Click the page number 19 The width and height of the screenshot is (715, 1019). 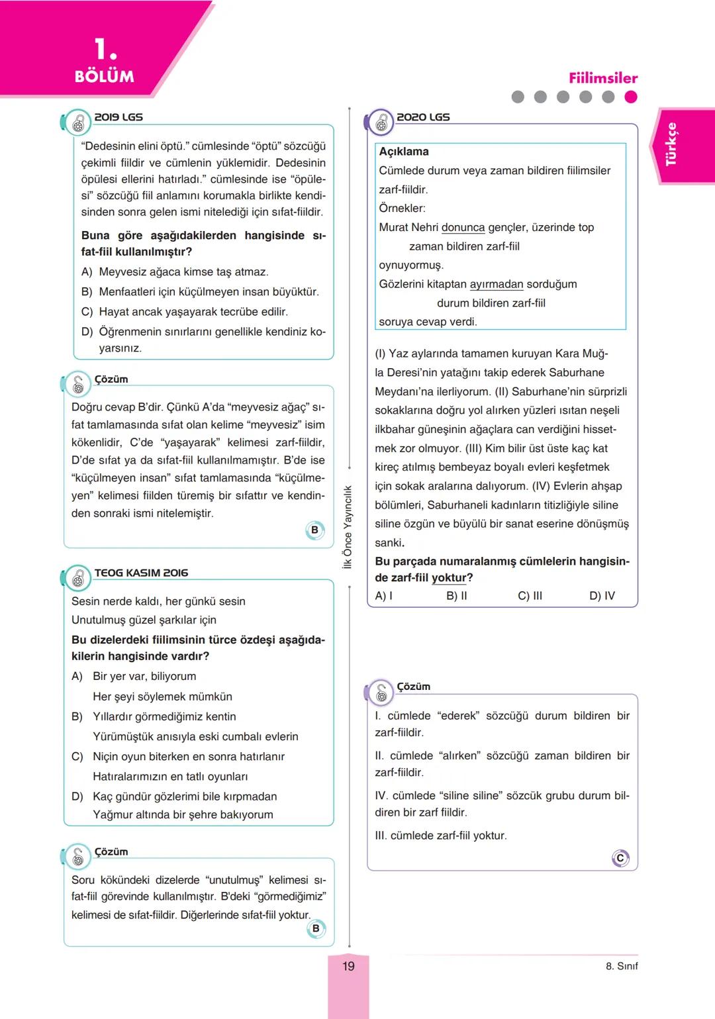pos(348,966)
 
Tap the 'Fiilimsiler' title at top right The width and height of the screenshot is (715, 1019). pos(602,78)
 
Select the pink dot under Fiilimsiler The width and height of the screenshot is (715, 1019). pos(631,97)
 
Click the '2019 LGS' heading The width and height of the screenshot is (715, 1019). pos(119,117)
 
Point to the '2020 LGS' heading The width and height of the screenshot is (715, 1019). pos(423,117)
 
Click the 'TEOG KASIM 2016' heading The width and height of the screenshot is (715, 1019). pos(141,573)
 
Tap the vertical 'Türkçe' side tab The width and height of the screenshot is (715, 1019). pos(671,144)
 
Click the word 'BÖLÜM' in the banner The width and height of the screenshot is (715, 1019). pos(105,77)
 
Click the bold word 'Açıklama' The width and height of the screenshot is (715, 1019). pos(404,152)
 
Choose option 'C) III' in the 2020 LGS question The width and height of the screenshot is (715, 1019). pos(530,596)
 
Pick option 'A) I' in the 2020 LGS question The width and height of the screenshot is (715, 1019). pos(384,596)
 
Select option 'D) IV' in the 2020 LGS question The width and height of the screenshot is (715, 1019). pos(602,596)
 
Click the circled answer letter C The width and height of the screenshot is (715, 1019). pos(620,858)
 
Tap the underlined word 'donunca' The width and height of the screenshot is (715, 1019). pos(463,228)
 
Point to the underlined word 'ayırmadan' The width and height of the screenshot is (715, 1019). pos(497,285)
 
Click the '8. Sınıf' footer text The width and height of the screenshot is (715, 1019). pos(622,966)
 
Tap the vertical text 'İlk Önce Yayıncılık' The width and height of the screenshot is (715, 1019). pos(348,526)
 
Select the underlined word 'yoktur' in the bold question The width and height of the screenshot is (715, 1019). pos(448,578)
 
